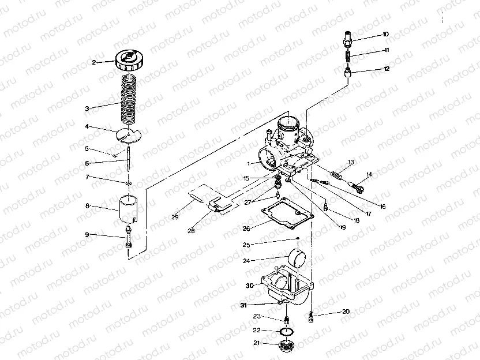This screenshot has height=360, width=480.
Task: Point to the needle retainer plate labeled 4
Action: [127, 134]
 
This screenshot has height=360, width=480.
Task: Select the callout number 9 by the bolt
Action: [87, 234]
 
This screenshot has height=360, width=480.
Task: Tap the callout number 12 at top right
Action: [387, 68]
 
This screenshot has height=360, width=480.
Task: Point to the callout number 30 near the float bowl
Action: [249, 285]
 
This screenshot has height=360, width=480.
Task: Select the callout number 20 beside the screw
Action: [346, 312]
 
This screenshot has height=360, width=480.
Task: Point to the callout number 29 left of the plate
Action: [175, 217]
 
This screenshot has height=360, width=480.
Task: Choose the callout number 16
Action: [382, 206]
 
